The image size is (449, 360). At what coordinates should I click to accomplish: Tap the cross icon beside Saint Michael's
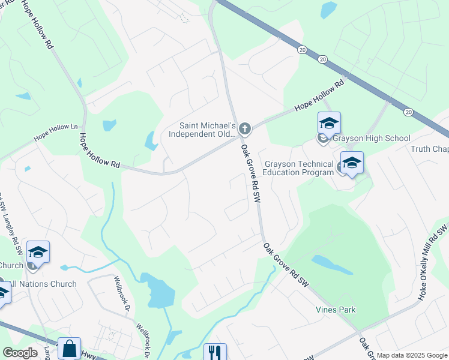(x=244, y=128)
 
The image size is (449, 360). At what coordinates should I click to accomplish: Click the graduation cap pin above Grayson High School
(x=329, y=124)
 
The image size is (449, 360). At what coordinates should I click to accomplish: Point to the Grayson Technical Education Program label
(x=299, y=168)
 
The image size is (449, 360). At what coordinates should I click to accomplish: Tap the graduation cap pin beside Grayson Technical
(x=352, y=163)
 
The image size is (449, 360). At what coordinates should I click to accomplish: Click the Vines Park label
(x=336, y=310)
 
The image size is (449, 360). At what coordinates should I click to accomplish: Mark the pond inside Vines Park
(x=332, y=265)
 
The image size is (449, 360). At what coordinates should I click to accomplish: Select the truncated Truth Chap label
(x=430, y=149)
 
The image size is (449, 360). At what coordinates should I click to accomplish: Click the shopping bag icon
(x=70, y=349)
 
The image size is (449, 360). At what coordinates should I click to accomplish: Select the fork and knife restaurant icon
(x=214, y=352)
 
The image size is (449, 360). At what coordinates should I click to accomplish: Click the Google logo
(x=20, y=353)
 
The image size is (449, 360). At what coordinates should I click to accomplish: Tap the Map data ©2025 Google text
(x=411, y=355)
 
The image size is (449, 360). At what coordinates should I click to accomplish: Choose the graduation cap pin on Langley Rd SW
(x=38, y=253)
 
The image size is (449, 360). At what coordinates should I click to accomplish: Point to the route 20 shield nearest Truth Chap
(x=408, y=112)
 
